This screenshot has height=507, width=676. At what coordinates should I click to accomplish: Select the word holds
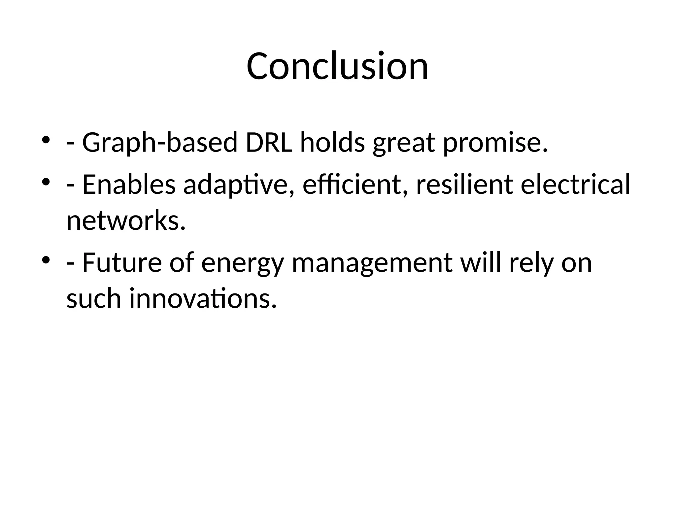tap(332, 143)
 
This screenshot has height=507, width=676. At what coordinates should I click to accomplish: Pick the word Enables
tap(129, 185)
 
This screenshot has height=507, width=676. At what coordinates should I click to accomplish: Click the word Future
tap(122, 263)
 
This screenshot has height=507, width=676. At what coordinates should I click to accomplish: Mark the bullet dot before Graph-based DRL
tap(46, 140)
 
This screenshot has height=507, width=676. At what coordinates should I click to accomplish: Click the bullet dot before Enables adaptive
tap(46, 182)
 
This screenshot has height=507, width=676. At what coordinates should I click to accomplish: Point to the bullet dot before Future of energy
tap(46, 260)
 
